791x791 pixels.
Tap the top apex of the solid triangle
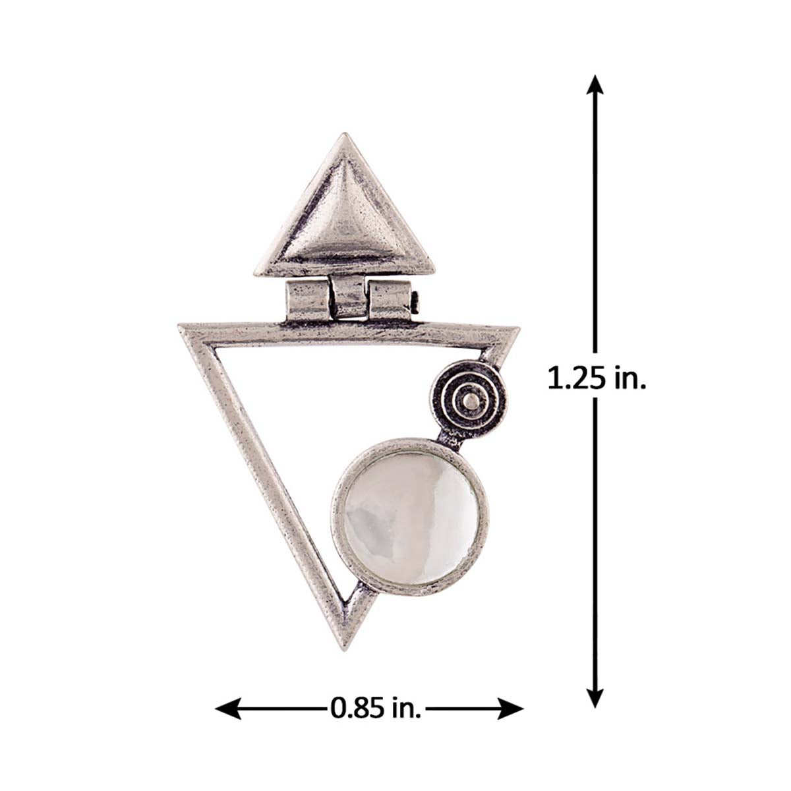[344, 133]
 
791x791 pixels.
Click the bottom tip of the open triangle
[344, 649]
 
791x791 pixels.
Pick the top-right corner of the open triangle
[518, 329]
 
